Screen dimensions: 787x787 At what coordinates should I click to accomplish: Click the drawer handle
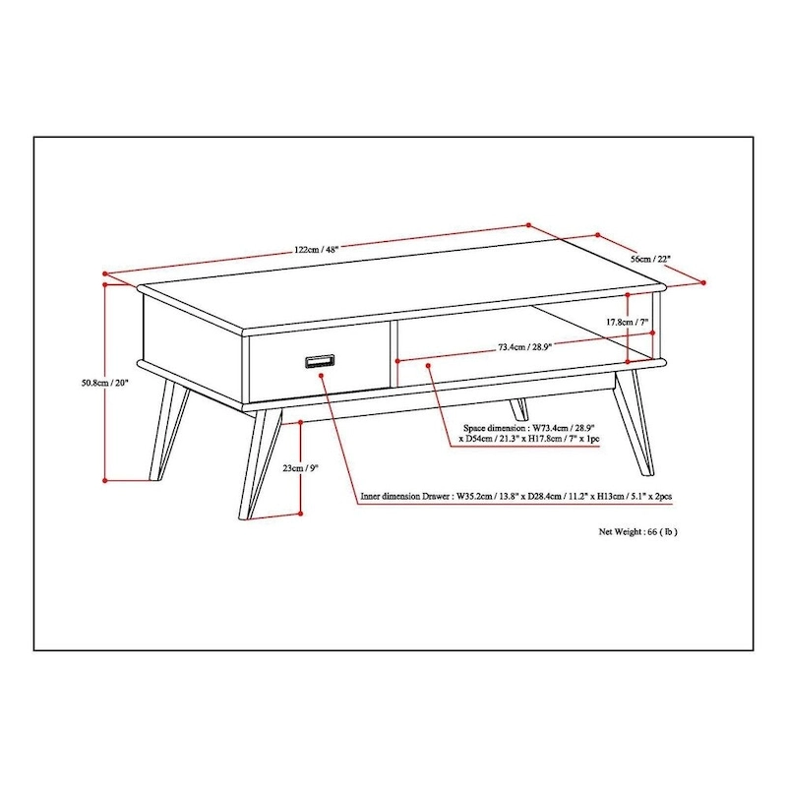coord(321,361)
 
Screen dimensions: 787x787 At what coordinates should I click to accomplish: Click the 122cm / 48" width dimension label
coord(316,250)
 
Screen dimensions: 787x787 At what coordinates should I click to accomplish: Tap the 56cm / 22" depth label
coord(650,259)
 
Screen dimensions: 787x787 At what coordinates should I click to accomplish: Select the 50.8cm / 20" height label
coord(105,383)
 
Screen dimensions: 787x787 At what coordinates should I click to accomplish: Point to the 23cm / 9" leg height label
coord(301,468)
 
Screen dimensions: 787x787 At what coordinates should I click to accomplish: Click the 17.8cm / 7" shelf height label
coord(627,322)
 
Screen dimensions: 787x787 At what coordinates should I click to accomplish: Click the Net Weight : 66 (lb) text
coord(637,531)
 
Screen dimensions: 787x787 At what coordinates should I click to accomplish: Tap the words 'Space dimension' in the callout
coord(495,428)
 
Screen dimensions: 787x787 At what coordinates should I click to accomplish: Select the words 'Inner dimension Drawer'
coord(404,497)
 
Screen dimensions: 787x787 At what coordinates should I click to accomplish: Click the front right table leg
coord(635,423)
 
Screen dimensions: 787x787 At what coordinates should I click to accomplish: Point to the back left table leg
coord(169,430)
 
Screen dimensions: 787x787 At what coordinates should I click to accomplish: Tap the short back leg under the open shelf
coord(519,409)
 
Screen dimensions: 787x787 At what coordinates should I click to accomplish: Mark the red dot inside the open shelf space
coord(428,365)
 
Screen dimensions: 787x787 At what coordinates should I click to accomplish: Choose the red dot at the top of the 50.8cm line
coord(105,284)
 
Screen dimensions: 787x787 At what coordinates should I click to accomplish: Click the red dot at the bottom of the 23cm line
coord(301,513)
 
